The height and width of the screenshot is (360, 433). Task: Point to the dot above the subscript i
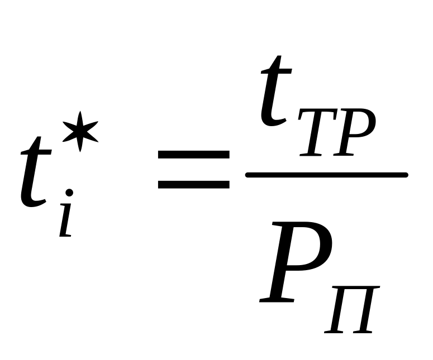click(x=69, y=193)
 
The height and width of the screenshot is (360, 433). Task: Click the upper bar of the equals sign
click(x=193, y=156)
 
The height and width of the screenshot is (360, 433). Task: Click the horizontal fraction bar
click(x=327, y=175)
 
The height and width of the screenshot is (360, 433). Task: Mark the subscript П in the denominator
click(x=351, y=310)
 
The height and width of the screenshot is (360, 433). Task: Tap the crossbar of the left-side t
click(x=36, y=146)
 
